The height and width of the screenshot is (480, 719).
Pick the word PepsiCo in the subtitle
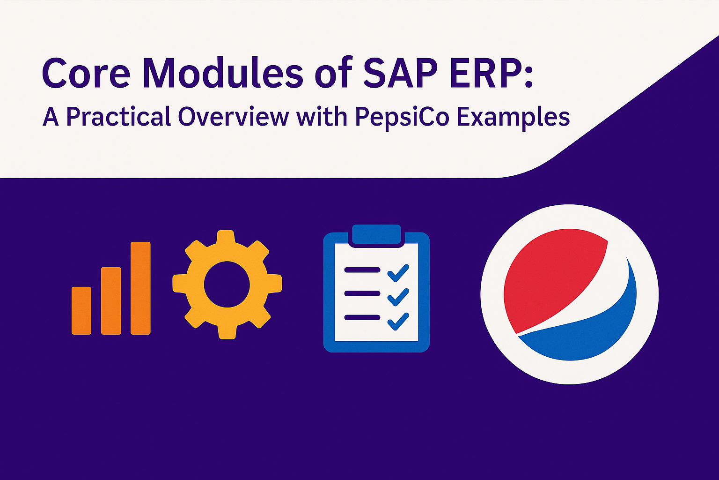(x=402, y=117)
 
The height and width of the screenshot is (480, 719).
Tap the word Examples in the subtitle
(x=513, y=117)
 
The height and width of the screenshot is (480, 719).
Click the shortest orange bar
(x=81, y=311)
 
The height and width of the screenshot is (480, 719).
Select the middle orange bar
(x=111, y=301)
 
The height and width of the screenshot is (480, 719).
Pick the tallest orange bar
(x=140, y=288)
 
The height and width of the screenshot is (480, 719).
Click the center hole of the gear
(x=227, y=285)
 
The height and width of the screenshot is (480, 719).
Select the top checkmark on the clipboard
(x=398, y=273)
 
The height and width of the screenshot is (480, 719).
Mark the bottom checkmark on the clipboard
(x=398, y=322)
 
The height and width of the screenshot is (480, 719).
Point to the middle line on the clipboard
(x=362, y=293)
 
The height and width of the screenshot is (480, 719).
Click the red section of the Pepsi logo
(x=552, y=277)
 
